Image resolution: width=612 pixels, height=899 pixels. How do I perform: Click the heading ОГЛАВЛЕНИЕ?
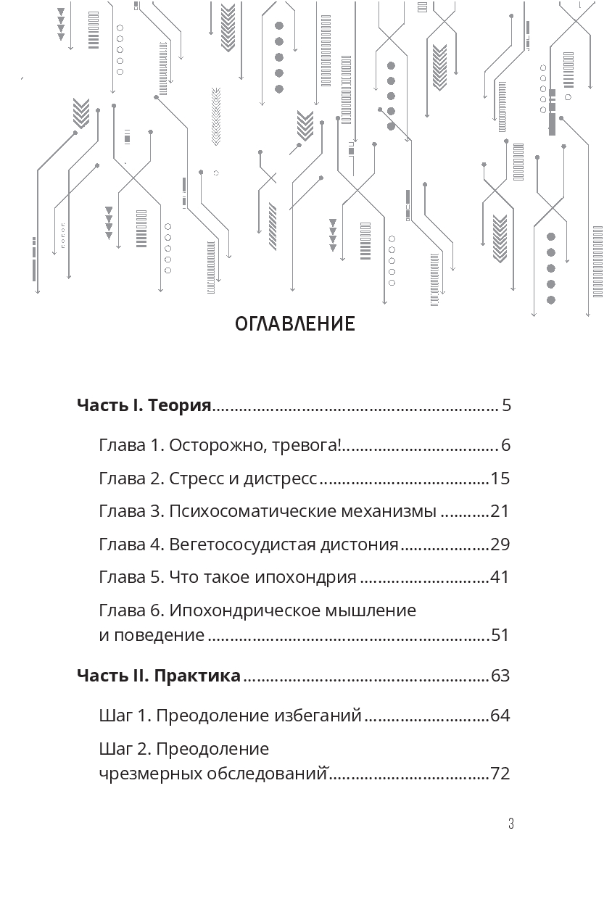(295, 324)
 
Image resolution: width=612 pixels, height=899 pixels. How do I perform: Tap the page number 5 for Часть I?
(506, 405)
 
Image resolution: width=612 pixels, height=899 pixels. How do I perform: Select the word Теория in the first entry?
(179, 405)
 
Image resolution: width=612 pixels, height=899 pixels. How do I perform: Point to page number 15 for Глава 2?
(500, 478)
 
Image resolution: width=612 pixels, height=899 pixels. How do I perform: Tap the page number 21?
(500, 511)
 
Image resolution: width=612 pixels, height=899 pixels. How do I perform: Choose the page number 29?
(500, 544)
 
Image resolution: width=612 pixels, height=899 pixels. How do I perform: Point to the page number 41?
(500, 578)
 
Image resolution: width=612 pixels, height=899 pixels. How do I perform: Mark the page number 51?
(500, 636)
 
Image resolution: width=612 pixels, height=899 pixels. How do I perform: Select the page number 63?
(500, 676)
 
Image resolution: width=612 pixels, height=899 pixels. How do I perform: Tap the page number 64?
(500, 716)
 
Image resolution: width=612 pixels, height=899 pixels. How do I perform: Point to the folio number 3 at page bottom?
(510, 824)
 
